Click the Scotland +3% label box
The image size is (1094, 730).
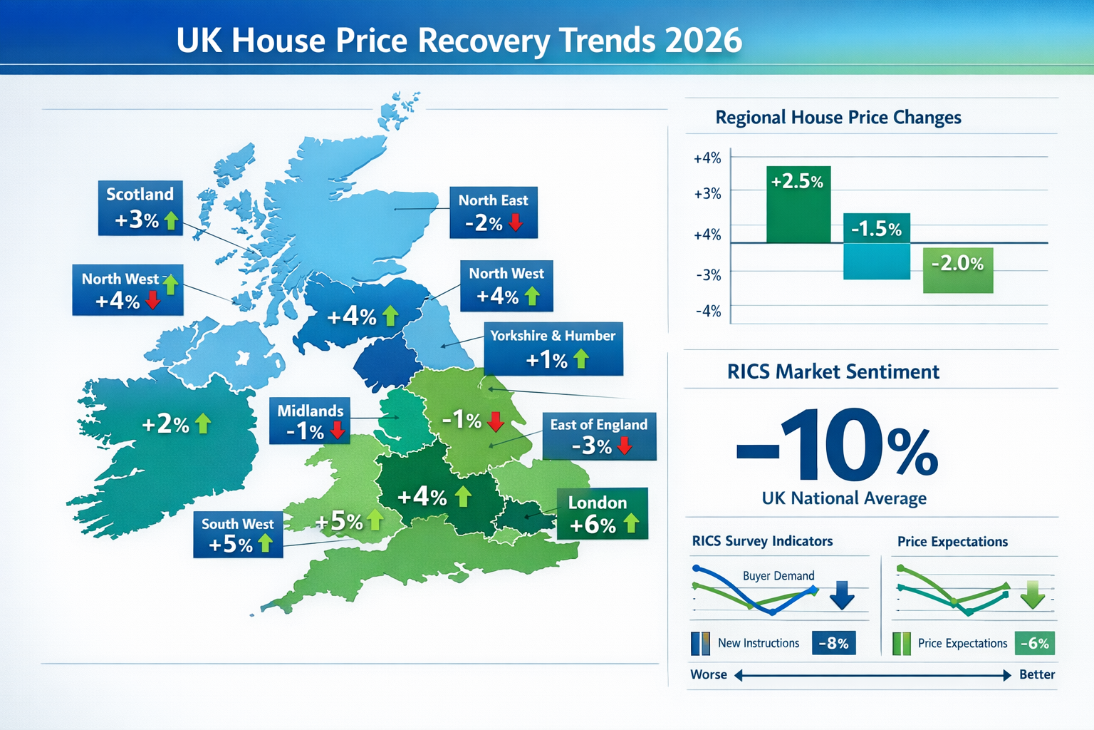point(140,207)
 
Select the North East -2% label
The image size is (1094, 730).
point(493,212)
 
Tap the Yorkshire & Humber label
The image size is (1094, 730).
point(553,349)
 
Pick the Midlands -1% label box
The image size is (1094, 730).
point(310,421)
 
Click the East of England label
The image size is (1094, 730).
point(598,436)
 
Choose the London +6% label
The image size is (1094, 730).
point(602,514)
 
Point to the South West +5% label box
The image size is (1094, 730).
point(237,535)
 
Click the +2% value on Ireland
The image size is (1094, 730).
point(165,424)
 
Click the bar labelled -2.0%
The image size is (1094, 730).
point(957,269)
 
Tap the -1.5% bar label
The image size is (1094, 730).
point(876,229)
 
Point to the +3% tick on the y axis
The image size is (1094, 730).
point(707,193)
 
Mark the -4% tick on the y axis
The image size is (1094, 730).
point(707,311)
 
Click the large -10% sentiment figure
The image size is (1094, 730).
point(836,446)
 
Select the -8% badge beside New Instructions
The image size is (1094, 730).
point(833,643)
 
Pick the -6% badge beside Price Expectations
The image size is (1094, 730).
point(1034,643)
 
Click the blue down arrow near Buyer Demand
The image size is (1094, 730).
point(842,595)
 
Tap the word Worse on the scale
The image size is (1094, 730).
point(709,674)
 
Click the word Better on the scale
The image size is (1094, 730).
point(1036,674)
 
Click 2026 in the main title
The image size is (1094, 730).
point(703,41)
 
